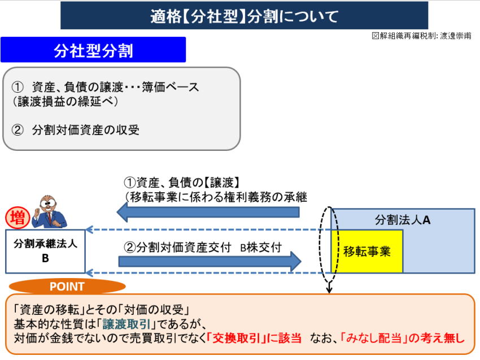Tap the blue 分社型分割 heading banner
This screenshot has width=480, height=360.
[93, 50]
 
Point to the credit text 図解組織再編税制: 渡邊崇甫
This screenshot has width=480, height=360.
[421, 36]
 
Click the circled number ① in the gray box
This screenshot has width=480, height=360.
[18, 88]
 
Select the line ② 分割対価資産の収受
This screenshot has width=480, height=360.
[76, 130]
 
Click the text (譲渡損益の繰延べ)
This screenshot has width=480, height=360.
[65, 102]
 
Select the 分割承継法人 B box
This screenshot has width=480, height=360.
[45, 251]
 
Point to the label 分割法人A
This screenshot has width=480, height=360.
[403, 219]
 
